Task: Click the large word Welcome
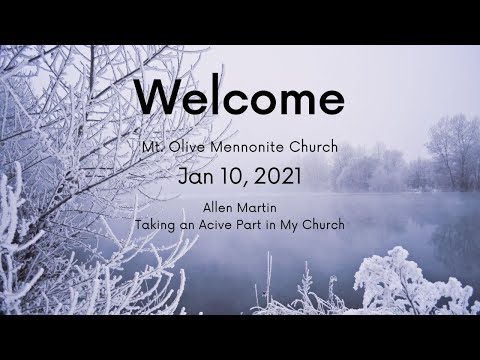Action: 239,98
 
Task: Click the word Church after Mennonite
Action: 314,147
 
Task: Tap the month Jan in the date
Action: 197,177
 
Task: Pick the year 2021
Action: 275,177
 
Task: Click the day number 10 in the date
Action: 233,177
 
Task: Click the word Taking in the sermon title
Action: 154,226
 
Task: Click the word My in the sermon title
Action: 297,226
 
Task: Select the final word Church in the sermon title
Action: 328,225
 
